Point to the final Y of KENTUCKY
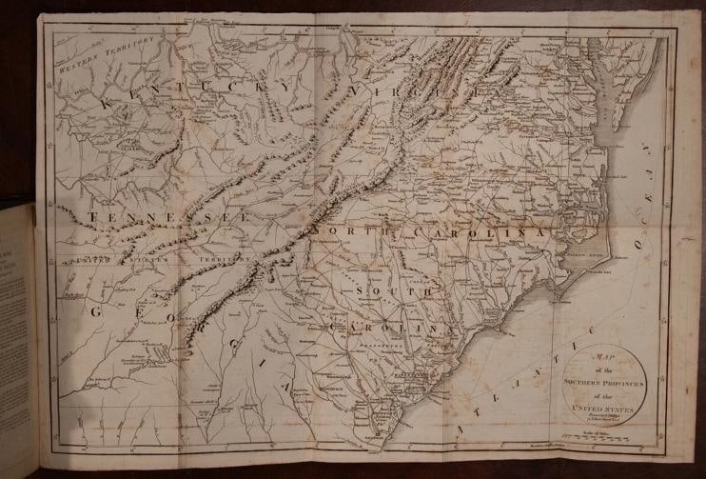pos(286,87)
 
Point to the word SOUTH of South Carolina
pos(385,287)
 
